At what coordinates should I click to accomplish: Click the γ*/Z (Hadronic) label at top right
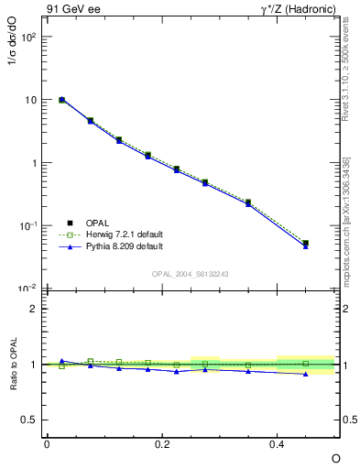tap(299, 10)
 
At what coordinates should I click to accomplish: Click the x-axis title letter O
tap(335, 457)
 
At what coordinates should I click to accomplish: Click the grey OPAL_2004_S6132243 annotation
tap(191, 275)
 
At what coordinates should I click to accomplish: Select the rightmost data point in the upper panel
tap(305, 244)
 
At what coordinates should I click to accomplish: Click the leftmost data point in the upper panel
tap(61, 100)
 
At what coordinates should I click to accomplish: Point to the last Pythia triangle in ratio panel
tap(305, 374)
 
